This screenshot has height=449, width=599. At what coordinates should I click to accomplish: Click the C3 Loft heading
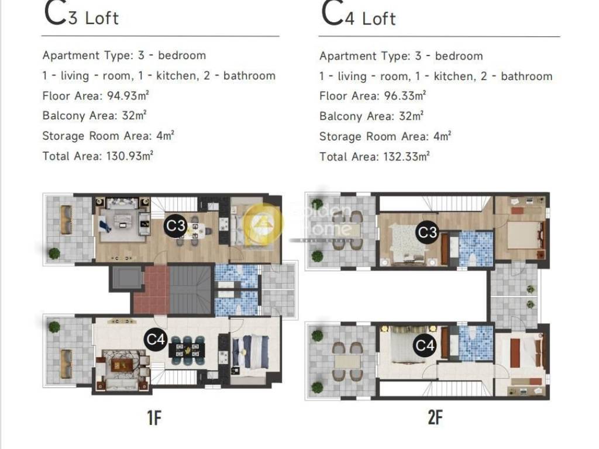(x=81, y=14)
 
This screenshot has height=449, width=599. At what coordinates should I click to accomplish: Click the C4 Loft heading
(x=358, y=15)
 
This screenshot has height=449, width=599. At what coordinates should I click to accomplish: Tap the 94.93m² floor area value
(x=128, y=95)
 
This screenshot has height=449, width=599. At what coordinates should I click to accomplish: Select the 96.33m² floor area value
(x=405, y=96)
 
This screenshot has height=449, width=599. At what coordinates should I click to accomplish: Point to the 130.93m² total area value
(x=130, y=156)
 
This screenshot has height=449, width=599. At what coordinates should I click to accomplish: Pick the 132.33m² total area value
(x=407, y=157)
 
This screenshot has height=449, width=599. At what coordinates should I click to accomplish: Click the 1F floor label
(x=154, y=417)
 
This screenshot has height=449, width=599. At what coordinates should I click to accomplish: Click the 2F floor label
(x=435, y=417)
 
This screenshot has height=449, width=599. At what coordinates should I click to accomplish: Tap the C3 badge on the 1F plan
(x=175, y=226)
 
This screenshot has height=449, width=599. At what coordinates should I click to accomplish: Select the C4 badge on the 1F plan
(x=156, y=339)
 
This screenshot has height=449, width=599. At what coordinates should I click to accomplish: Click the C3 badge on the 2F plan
(x=426, y=232)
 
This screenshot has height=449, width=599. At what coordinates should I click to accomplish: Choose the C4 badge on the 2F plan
(x=425, y=346)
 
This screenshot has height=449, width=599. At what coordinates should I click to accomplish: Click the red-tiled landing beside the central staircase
(x=151, y=289)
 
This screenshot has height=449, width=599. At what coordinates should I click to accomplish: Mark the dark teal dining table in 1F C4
(x=187, y=350)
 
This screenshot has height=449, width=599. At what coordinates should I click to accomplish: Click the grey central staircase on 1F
(x=190, y=290)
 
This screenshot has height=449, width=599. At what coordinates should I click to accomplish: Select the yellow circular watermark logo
(x=263, y=223)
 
